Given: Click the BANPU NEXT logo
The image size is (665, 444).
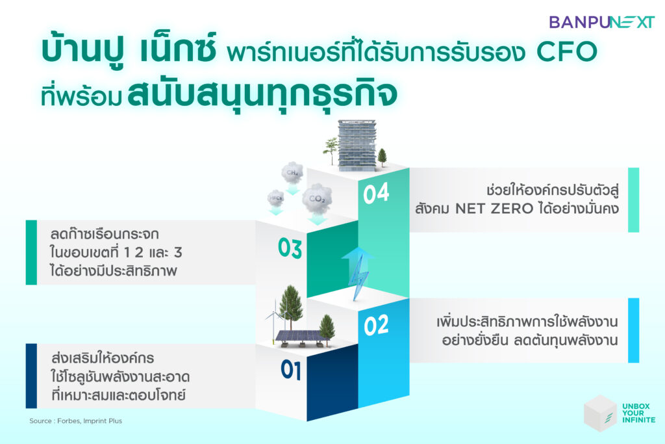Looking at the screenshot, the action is [602, 22].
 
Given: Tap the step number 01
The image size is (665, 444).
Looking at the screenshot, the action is [291, 370].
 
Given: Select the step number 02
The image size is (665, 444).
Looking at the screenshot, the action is [376, 326].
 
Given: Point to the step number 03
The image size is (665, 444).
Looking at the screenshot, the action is [290, 248].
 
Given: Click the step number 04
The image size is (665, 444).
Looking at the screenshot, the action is [376, 194].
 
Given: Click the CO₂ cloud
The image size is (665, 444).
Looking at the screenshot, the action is [317, 199].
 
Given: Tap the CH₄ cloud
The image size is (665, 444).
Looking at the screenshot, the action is [292, 172].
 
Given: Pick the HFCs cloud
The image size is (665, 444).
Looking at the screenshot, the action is [275, 199].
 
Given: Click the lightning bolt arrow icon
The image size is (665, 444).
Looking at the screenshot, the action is [357, 272].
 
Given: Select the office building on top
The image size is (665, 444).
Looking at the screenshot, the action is [357, 145].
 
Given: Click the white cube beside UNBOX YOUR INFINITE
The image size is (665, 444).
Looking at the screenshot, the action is [600, 413].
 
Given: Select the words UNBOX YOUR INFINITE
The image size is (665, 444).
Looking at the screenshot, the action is [639, 413].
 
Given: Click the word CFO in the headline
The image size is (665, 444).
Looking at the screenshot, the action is [566, 52].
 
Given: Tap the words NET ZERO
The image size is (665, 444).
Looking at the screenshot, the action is [494, 209].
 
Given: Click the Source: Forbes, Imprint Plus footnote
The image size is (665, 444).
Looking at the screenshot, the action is [75, 421].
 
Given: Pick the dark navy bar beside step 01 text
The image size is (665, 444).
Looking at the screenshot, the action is [31, 376].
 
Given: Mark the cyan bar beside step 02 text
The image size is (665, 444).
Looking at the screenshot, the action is [633, 330].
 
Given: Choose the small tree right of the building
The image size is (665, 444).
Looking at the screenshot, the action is [382, 157].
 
